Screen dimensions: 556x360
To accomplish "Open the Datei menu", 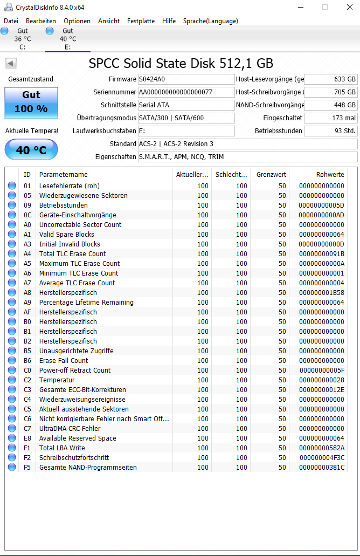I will coord(11,21).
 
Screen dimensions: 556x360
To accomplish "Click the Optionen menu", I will coord(77,21).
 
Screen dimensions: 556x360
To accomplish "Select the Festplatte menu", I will coord(141,21).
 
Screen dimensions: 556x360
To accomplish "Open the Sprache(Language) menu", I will coord(210,21).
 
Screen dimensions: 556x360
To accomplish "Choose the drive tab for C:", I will coord(22,39).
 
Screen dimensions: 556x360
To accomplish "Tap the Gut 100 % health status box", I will coord(31,102).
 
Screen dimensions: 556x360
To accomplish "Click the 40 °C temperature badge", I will coord(31,150).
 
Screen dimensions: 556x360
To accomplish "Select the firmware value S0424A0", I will coord(186,79).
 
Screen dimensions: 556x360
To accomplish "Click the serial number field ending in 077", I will coord(186,92).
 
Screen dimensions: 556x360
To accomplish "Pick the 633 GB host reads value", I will coord(331,79).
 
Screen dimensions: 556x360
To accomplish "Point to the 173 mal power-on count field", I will coord(331,118).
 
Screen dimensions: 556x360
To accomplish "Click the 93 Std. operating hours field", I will coord(331,131).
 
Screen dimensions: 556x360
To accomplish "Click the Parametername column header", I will coord(64,175).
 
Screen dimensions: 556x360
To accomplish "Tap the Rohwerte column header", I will coord(330,175).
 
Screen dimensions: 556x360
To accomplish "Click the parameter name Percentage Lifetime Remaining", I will coord(86,303).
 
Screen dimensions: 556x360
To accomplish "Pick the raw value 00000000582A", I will coord(322,448).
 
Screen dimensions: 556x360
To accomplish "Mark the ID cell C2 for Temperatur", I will coord(27,380).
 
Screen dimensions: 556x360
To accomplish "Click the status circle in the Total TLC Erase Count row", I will coord(12,254).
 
